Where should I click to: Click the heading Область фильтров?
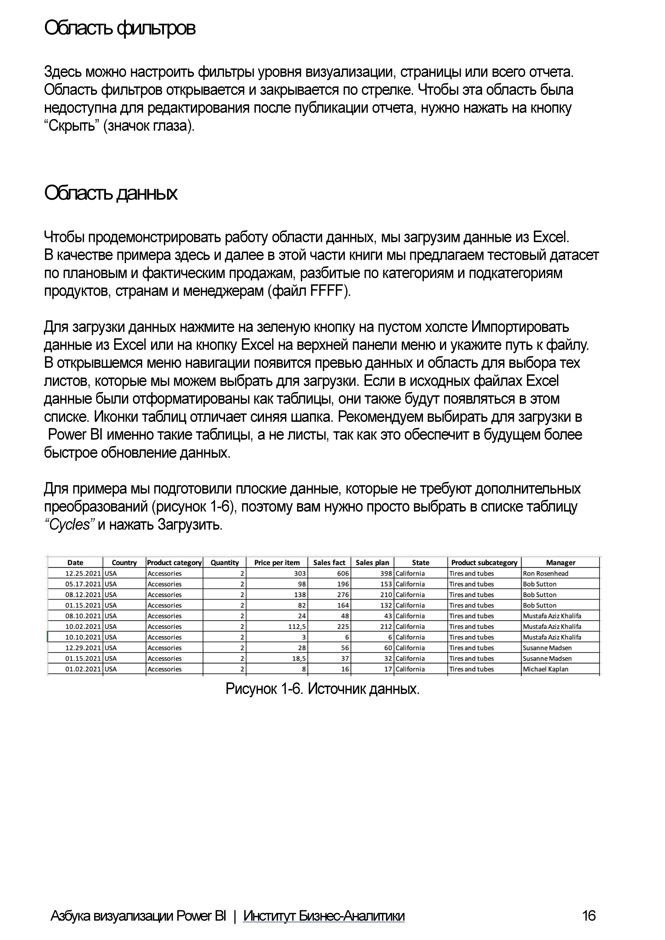120,29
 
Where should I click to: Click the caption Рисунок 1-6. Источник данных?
323,689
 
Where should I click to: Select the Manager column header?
560,562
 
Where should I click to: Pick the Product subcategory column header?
484,562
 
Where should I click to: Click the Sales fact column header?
329,562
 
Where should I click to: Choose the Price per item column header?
277,562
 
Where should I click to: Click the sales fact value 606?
343,573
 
